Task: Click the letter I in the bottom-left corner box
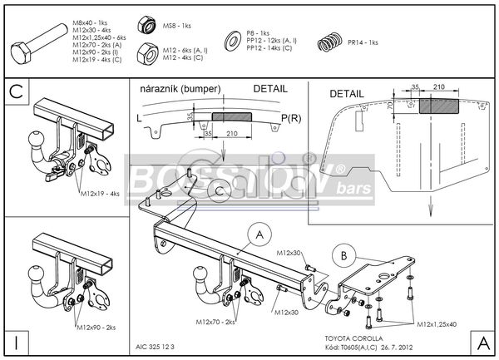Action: point(16,342)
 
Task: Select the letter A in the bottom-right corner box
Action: point(482,342)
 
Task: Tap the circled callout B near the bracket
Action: point(341,254)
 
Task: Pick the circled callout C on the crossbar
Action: point(219,192)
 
